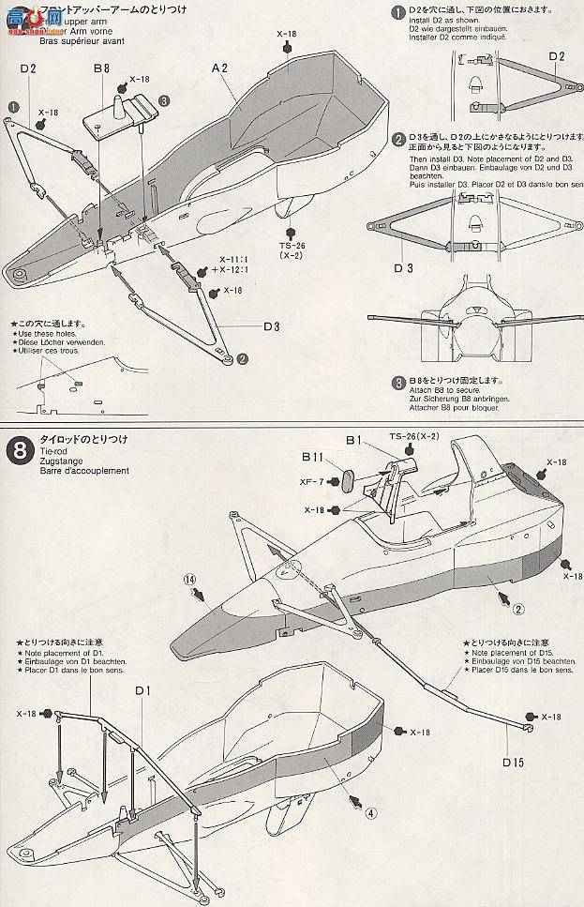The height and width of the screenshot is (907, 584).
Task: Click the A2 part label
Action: (x=220, y=68)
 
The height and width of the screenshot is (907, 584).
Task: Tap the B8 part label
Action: (x=101, y=69)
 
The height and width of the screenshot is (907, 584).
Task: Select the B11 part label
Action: (x=312, y=457)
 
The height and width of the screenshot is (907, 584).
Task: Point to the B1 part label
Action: (x=353, y=439)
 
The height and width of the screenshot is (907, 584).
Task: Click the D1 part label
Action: (x=142, y=691)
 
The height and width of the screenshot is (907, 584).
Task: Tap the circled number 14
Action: (x=190, y=581)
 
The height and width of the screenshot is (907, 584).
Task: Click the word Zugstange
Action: (x=61, y=461)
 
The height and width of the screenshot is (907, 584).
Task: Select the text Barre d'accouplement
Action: (x=84, y=471)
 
